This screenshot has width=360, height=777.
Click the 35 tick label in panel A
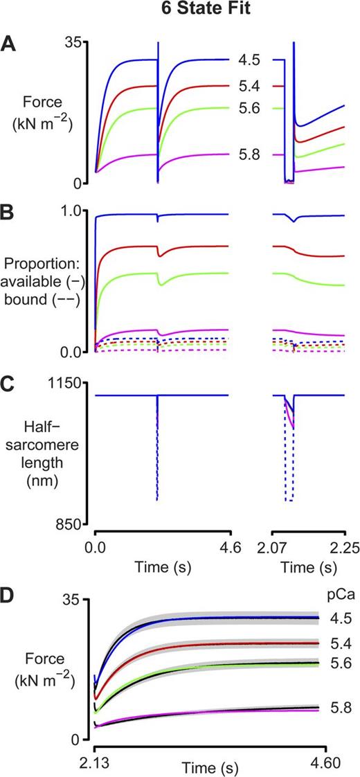72,42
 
